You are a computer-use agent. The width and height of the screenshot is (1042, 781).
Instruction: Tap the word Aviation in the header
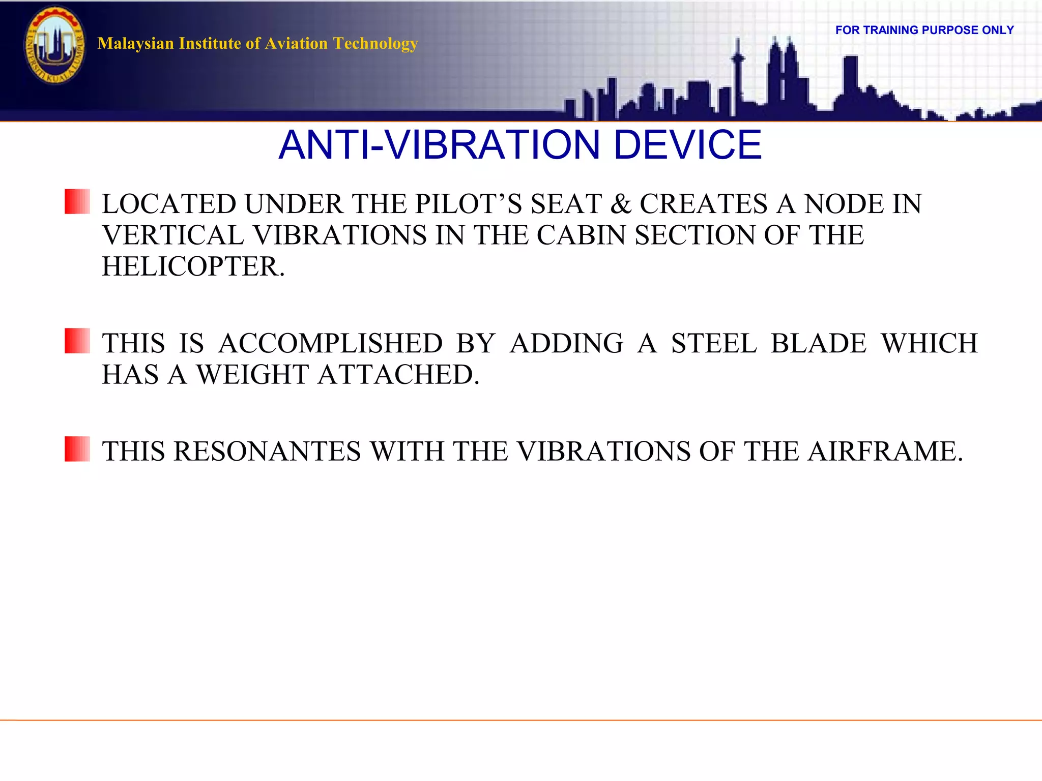pos(297,44)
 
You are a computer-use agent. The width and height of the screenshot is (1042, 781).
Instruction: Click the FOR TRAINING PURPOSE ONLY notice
pos(924,31)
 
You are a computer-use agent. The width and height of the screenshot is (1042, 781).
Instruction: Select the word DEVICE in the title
pos(687,145)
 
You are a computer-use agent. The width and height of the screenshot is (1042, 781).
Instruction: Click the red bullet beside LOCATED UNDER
pos(77,201)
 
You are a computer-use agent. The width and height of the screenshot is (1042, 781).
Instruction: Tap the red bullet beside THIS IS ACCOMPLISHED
pos(77,341)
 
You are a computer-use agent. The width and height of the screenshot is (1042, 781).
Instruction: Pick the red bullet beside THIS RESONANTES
pos(77,449)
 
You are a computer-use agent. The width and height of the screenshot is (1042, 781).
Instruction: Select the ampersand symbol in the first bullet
pos(621,204)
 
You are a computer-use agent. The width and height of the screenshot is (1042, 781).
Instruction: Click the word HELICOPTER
pos(193,267)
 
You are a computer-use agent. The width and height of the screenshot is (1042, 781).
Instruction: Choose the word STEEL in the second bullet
pos(714,344)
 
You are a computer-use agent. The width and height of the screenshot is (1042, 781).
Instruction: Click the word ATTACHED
pos(398,375)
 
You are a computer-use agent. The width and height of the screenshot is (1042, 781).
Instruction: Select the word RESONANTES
pos(267,452)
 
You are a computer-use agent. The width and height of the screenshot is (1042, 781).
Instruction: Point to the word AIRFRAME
pos(885,452)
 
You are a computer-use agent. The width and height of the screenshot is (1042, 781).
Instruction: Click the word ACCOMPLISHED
pos(331,344)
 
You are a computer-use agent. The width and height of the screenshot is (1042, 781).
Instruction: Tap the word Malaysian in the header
pos(136,44)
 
